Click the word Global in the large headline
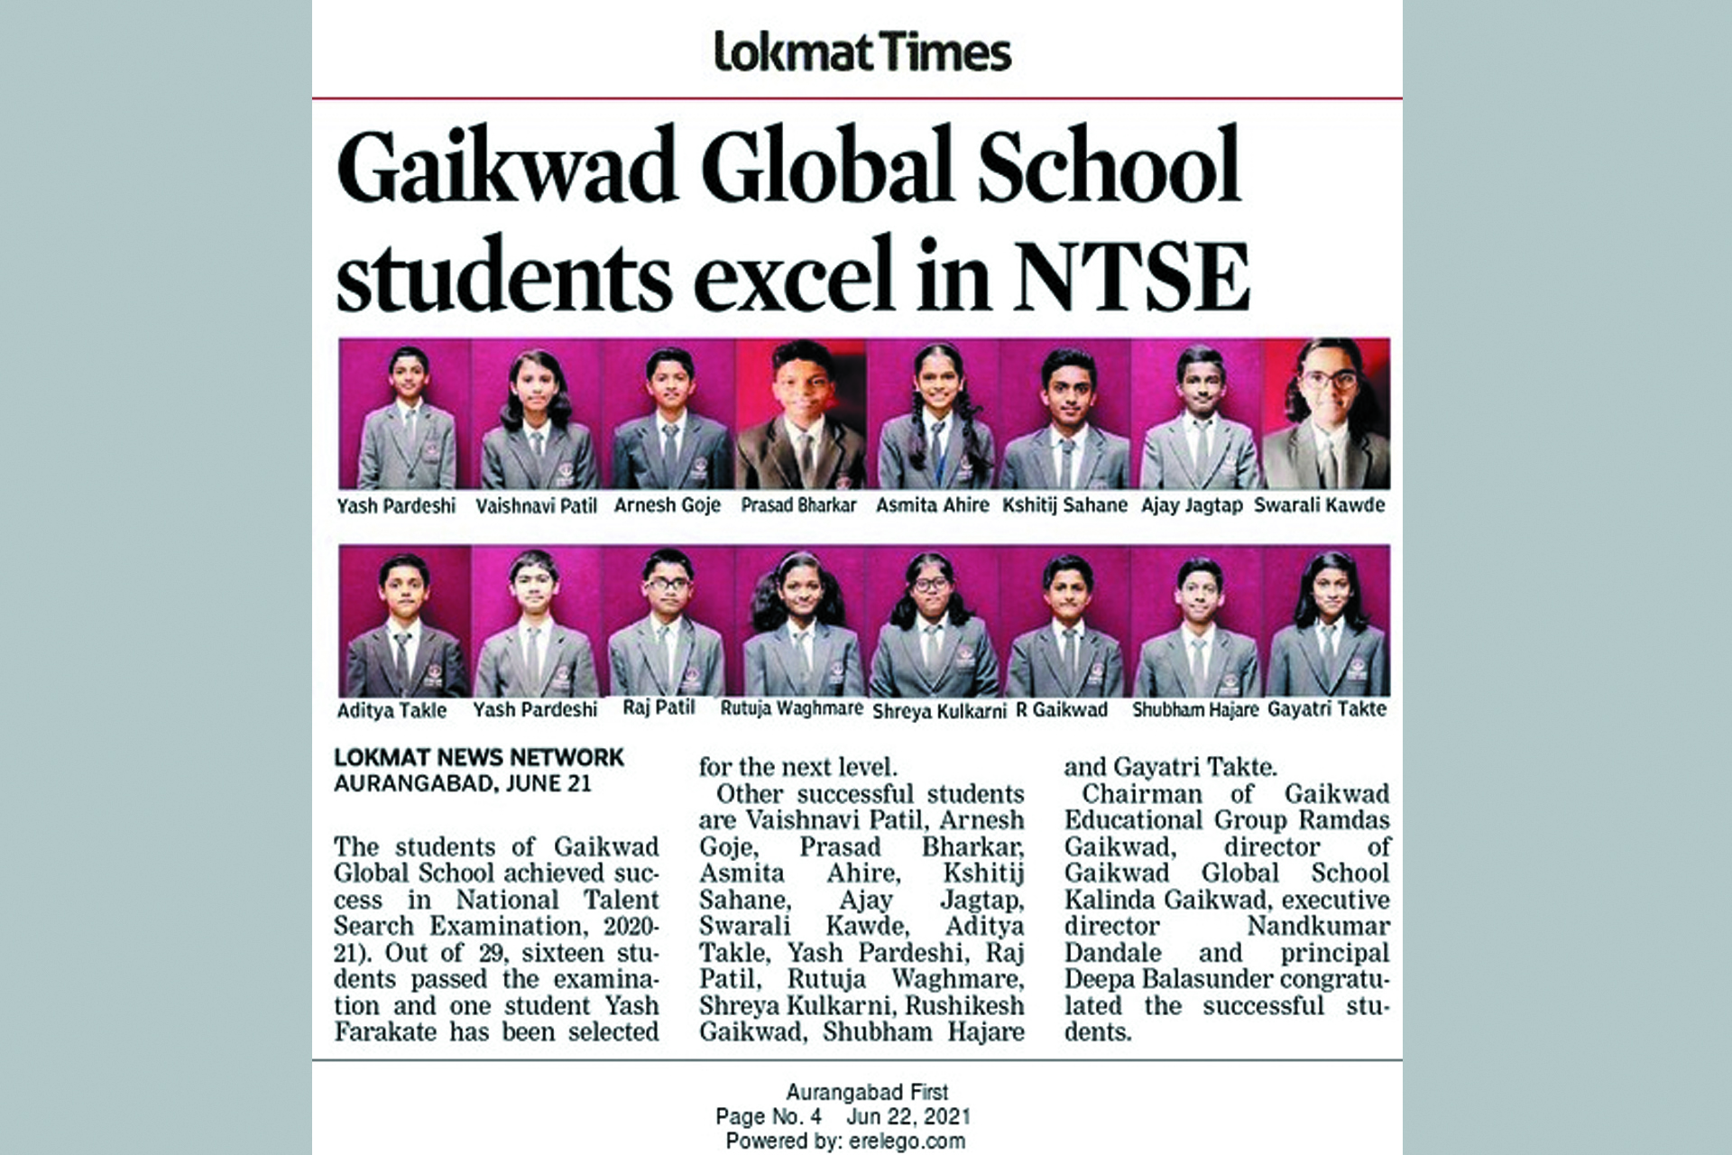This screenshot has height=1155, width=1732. click(x=825, y=167)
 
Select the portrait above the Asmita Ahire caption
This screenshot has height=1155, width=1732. click(x=933, y=415)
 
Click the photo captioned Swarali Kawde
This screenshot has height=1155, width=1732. click(x=1326, y=415)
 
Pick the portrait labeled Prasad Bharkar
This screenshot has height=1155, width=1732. click(x=800, y=415)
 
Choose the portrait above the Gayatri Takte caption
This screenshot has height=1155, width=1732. click(x=1327, y=622)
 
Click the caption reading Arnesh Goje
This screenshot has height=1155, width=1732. click(x=668, y=505)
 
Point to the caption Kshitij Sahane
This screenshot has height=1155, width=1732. click(x=1064, y=505)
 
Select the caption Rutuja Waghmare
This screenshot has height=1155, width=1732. click(x=791, y=709)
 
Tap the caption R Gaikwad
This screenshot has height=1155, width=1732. click(x=1062, y=710)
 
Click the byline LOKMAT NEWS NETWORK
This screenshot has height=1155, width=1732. click(x=479, y=758)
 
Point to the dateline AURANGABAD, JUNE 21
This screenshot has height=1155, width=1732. click(x=462, y=783)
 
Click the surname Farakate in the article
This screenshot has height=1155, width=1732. click(x=387, y=1031)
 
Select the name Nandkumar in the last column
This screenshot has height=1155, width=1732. click(x=1318, y=926)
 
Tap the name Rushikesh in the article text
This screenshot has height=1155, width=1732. click(x=964, y=1005)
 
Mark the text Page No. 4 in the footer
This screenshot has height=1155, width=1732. click(x=768, y=1116)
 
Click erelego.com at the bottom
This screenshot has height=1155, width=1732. click(x=907, y=1141)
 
